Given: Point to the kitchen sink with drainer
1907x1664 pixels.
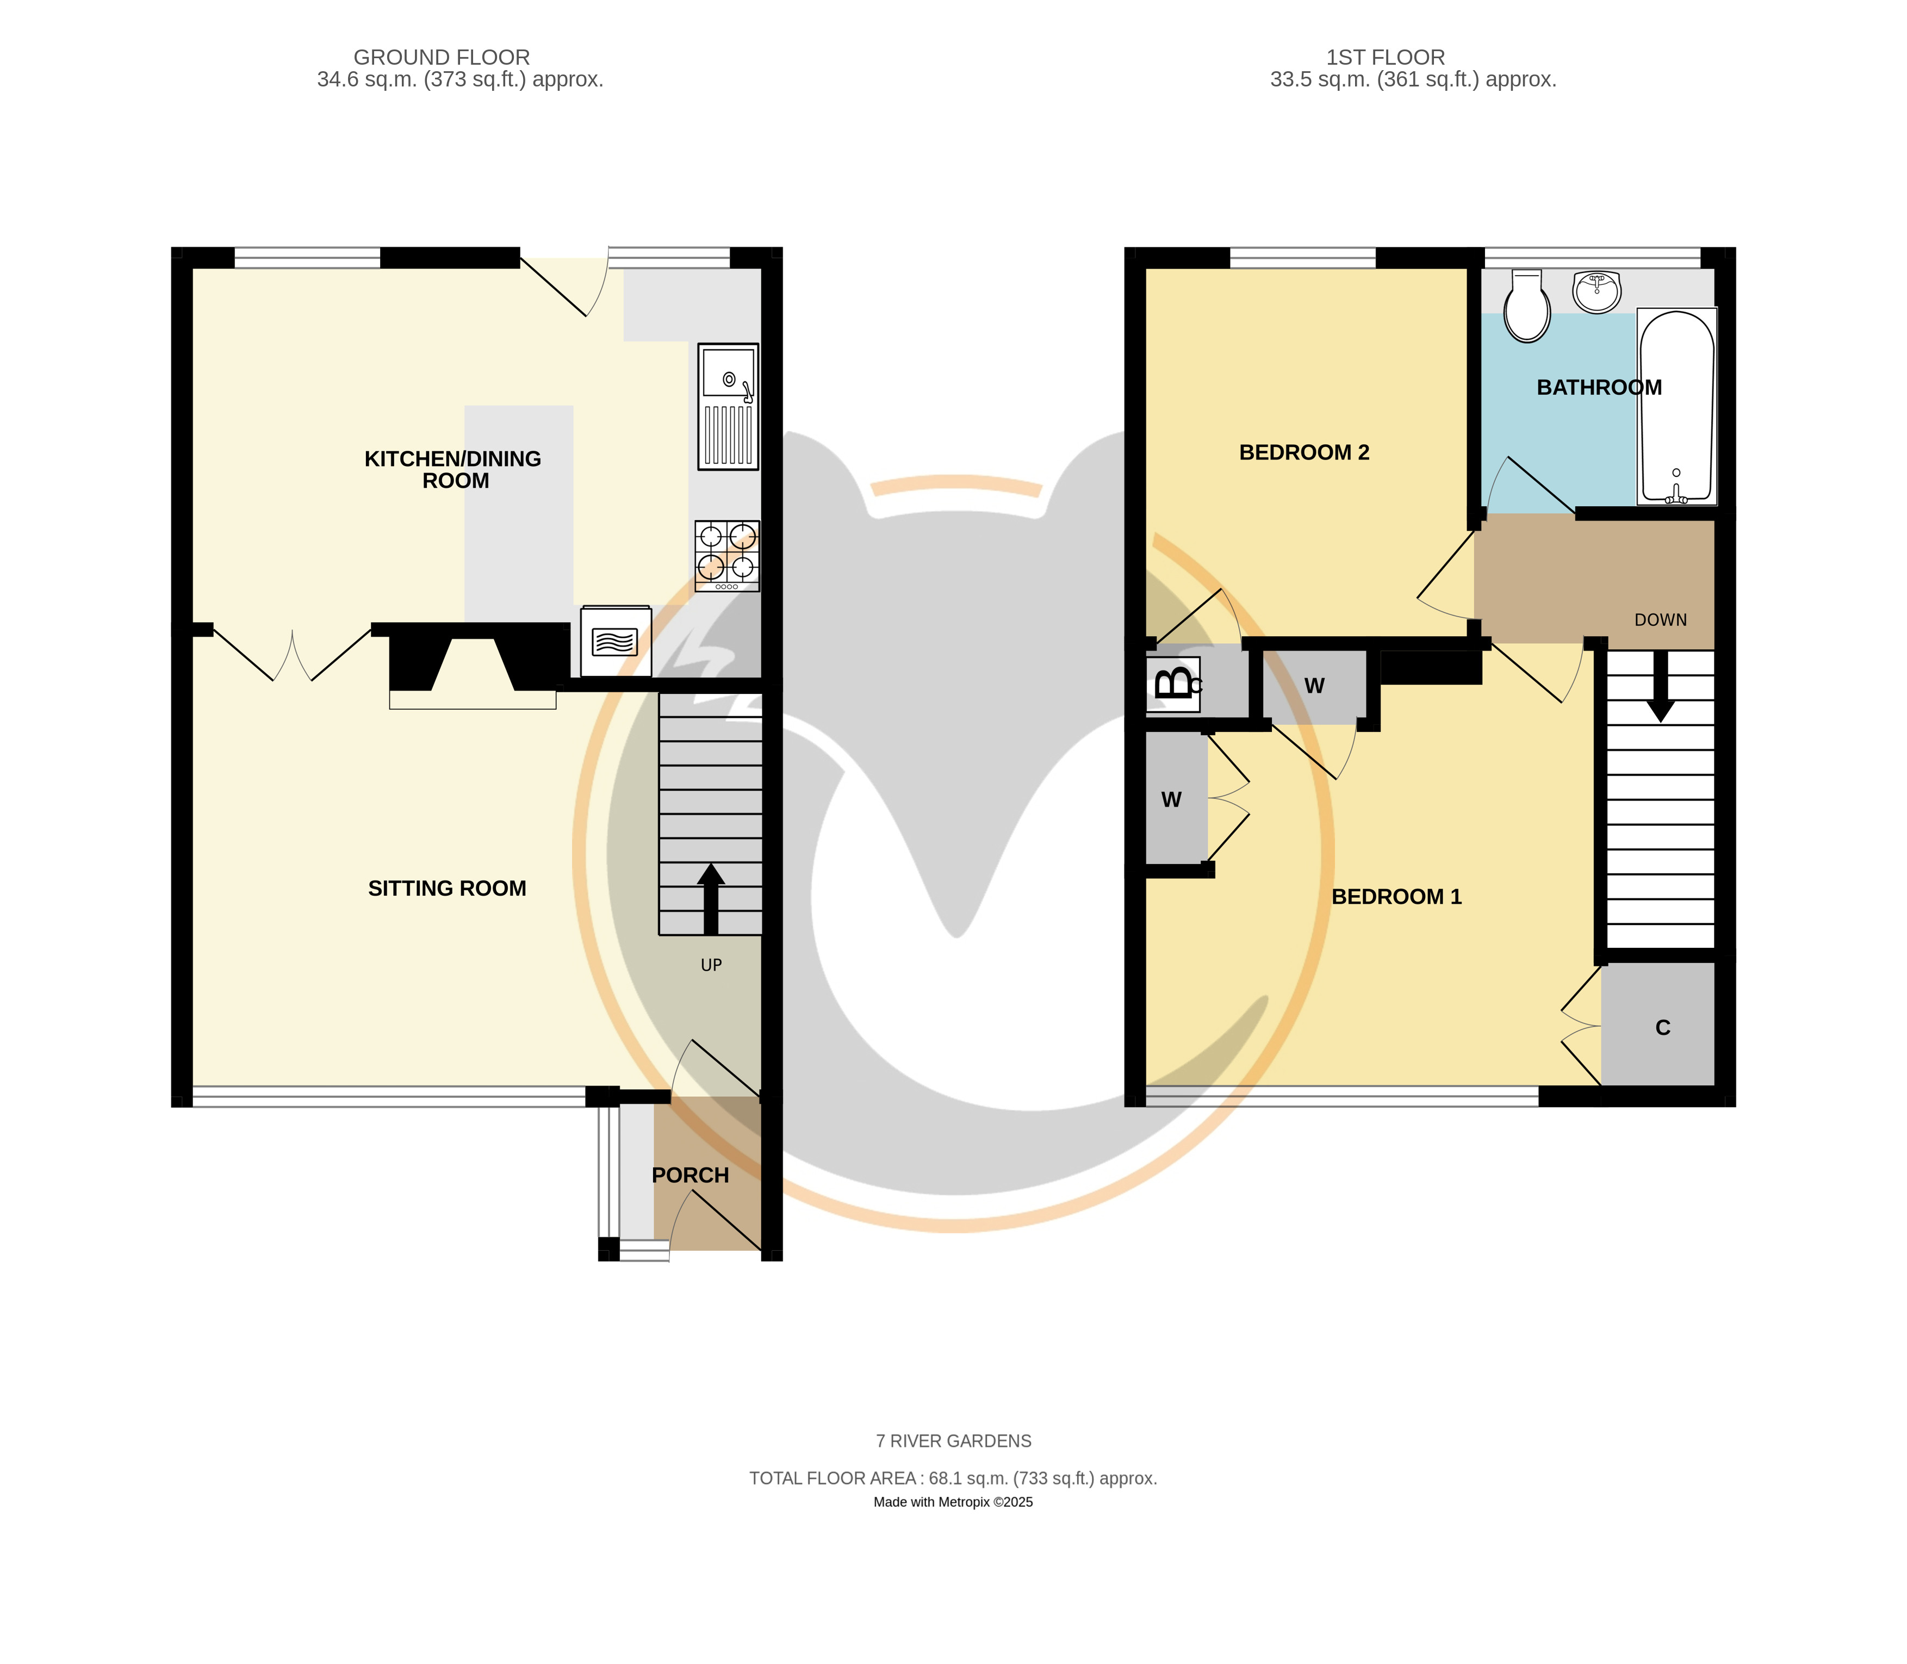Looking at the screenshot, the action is pyautogui.click(x=729, y=407).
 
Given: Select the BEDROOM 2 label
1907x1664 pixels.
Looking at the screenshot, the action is pyautogui.click(x=1305, y=452).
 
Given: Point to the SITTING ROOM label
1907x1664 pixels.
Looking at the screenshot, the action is pyautogui.click(x=448, y=889).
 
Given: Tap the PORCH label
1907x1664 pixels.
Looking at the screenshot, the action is pyautogui.click(x=691, y=1176).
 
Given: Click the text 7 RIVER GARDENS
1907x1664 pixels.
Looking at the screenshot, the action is pyautogui.click(x=954, y=1441).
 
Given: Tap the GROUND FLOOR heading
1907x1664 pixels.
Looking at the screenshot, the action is pyautogui.click(x=442, y=58).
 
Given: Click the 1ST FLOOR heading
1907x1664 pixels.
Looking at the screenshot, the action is pyautogui.click(x=1385, y=58).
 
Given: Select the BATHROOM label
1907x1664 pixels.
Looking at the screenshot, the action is pyautogui.click(x=1599, y=387).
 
